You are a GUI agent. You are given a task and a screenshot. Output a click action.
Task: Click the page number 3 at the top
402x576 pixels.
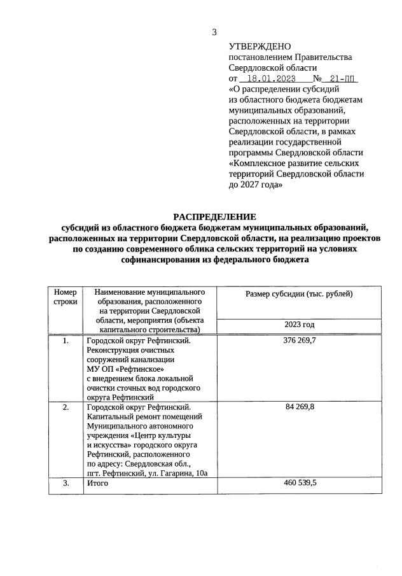tap(214, 32)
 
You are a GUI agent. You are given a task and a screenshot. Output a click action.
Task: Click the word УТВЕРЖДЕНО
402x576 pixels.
tap(260, 46)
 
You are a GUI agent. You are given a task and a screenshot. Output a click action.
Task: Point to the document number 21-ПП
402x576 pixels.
tap(343, 79)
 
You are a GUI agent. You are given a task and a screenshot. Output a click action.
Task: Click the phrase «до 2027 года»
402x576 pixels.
tap(255, 185)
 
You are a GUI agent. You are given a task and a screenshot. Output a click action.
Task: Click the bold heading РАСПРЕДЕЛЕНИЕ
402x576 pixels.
tap(214, 217)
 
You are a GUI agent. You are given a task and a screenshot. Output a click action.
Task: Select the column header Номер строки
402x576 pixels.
tap(64, 296)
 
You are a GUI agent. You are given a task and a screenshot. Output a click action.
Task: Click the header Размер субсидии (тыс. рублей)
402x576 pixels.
tap(299, 293)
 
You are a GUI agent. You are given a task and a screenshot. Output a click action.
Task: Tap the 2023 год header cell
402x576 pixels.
tap(299, 325)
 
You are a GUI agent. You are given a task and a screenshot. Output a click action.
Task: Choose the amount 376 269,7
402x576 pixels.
tap(299, 341)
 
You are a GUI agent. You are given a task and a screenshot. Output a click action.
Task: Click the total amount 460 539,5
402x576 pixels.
tap(299, 483)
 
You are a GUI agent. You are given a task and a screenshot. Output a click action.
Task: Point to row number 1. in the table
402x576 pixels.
tap(65, 341)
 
